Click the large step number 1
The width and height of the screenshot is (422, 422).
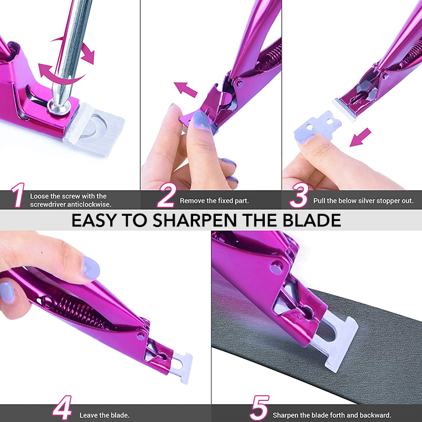point(18,195)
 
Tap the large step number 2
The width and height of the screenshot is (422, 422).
point(167,195)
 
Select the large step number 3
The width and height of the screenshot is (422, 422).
point(299,195)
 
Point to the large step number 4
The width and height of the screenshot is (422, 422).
point(62,407)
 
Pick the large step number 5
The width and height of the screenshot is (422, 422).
point(260,407)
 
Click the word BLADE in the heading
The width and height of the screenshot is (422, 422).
point(312,220)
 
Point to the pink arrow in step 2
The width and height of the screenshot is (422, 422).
point(186,90)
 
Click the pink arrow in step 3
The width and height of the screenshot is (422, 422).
point(360,137)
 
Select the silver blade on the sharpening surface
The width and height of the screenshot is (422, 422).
point(335,340)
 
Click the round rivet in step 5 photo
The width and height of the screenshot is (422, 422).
point(276,267)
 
